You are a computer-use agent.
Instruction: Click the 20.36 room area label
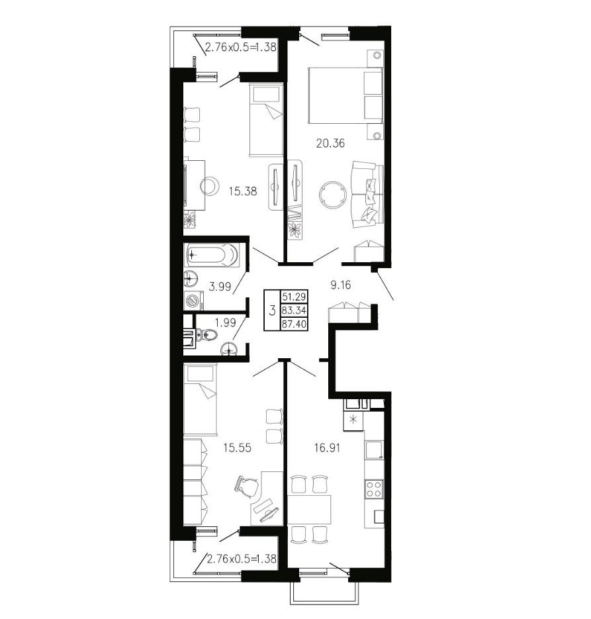[330, 143]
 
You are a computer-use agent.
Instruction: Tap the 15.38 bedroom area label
[243, 191]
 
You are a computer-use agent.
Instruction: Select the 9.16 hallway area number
[340, 285]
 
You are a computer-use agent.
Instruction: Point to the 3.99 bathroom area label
[219, 287]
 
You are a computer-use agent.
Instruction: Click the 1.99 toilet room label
[225, 322]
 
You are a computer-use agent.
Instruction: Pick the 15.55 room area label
[237, 448]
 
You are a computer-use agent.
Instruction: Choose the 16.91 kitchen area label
[327, 448]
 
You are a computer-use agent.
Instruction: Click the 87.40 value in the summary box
[294, 324]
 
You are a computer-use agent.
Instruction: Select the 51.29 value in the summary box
[294, 297]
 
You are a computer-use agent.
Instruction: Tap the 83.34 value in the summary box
[294, 310]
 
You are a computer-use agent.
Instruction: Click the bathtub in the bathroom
[212, 255]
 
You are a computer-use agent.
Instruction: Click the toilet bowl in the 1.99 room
[208, 336]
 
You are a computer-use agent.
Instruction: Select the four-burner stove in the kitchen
[374, 489]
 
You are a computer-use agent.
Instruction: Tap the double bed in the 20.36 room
[345, 95]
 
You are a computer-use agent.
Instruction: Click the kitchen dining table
[309, 509]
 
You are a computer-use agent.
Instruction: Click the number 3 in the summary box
[272, 310]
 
